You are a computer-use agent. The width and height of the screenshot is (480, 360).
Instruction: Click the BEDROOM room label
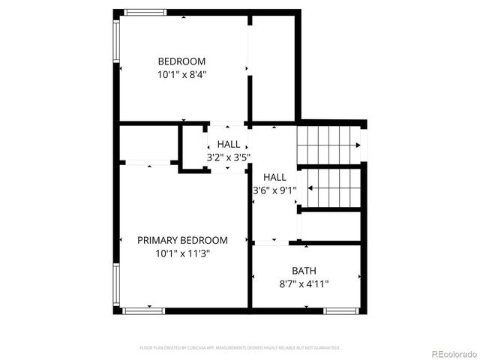click(181, 61)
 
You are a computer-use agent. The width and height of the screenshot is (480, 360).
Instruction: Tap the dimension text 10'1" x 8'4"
click(181, 74)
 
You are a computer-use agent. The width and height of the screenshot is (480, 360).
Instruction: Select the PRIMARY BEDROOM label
click(182, 240)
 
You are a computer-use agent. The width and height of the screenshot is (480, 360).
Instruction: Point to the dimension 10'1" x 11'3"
click(182, 253)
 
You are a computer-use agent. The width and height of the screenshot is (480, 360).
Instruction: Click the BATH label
click(304, 270)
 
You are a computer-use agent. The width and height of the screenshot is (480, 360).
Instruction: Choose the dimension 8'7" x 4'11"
click(304, 283)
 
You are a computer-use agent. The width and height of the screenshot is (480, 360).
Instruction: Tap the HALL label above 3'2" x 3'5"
click(229, 144)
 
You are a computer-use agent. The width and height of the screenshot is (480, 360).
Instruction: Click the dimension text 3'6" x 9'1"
click(274, 190)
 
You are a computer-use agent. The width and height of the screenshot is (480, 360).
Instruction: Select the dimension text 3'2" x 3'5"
click(229, 157)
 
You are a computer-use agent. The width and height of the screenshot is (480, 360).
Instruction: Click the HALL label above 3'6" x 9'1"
click(274, 177)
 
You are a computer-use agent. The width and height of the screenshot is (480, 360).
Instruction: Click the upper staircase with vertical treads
click(329, 145)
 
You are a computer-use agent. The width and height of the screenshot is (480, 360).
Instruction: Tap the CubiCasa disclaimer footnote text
click(240, 348)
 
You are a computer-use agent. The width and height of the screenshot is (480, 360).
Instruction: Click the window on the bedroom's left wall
click(116, 42)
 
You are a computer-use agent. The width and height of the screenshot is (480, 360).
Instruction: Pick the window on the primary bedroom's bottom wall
click(143, 310)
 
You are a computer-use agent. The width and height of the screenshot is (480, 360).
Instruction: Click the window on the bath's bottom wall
click(341, 310)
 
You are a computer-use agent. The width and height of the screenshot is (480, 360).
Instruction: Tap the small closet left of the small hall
click(148, 143)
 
